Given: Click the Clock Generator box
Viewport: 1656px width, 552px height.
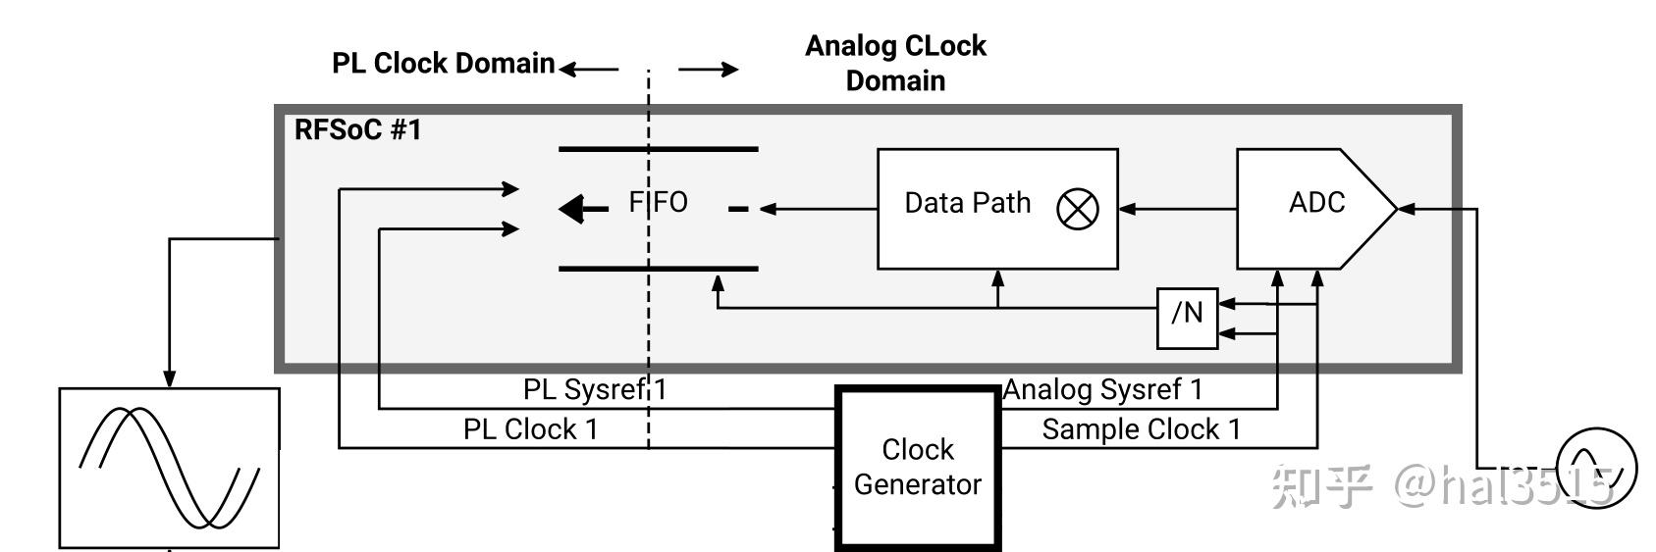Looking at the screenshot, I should point(917,467).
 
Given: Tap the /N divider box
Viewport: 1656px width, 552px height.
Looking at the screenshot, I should point(1187,318).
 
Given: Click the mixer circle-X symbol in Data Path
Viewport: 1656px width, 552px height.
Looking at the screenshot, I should point(1077,209).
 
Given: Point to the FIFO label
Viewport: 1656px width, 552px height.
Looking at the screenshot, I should point(658,202).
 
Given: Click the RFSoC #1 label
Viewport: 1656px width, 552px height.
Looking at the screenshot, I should point(357,130).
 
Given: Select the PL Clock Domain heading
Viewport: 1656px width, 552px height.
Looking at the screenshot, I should point(443,64).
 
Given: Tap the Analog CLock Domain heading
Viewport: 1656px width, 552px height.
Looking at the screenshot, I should point(895,63).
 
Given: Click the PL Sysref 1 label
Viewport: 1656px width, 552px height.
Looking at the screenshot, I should point(594,389).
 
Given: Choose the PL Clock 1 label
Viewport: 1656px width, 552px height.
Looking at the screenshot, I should point(530,429).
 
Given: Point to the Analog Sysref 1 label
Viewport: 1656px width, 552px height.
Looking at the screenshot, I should point(1102,389).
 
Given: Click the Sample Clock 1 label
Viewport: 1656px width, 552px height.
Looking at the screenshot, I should point(1141,429).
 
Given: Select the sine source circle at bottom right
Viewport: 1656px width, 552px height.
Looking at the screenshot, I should point(1597,468).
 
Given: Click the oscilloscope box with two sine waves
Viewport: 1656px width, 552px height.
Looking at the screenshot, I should point(169,468).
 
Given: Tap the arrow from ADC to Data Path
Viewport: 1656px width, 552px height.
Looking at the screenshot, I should point(1177,209).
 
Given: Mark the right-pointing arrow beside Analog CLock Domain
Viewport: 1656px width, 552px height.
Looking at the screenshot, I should point(708,69).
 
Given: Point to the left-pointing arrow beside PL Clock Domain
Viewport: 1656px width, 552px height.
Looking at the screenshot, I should point(589,69).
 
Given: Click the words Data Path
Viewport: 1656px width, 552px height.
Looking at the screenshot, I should point(967,203).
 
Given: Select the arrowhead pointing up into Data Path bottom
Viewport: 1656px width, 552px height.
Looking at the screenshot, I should point(998,278).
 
